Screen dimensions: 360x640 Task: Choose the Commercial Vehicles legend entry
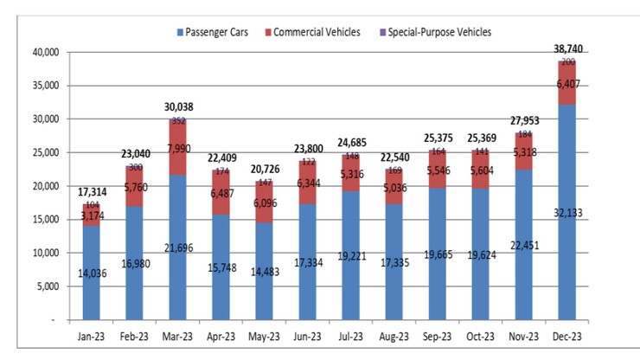pyautogui.click(x=317, y=32)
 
